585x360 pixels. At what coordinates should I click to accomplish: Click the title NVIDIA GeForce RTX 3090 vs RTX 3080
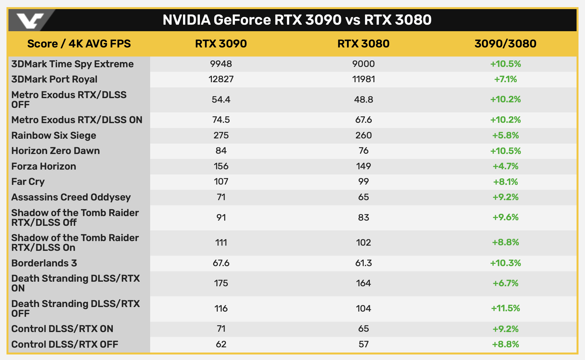[x=297, y=20]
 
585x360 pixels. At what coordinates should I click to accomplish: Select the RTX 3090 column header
[x=221, y=44]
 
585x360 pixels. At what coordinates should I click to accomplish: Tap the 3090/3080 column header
[x=505, y=44]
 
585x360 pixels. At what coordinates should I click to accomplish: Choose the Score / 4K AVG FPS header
[x=79, y=44]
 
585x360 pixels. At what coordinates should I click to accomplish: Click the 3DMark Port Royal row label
[x=54, y=79]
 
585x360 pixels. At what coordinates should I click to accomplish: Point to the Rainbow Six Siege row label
[x=54, y=135]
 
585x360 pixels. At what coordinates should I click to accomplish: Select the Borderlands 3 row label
[x=44, y=263]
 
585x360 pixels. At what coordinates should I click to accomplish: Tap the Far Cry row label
[x=28, y=182]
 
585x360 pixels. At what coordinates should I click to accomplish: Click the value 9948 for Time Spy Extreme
[x=221, y=64]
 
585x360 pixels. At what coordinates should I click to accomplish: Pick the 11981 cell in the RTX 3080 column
[x=363, y=79]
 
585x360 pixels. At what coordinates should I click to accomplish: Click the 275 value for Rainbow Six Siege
[x=221, y=135]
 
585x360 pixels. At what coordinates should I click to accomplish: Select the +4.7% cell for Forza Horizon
[x=505, y=166]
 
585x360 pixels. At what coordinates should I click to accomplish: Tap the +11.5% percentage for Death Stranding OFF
[x=505, y=308]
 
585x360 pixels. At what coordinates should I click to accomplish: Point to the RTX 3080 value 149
[x=363, y=166]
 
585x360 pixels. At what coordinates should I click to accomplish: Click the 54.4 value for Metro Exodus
[x=221, y=99]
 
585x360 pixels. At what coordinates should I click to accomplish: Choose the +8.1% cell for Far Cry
[x=505, y=182]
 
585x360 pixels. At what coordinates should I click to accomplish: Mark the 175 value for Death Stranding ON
[x=221, y=283]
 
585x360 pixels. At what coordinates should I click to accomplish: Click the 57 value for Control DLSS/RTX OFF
[x=363, y=344]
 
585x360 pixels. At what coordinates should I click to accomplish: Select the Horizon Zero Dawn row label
[x=56, y=151]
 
